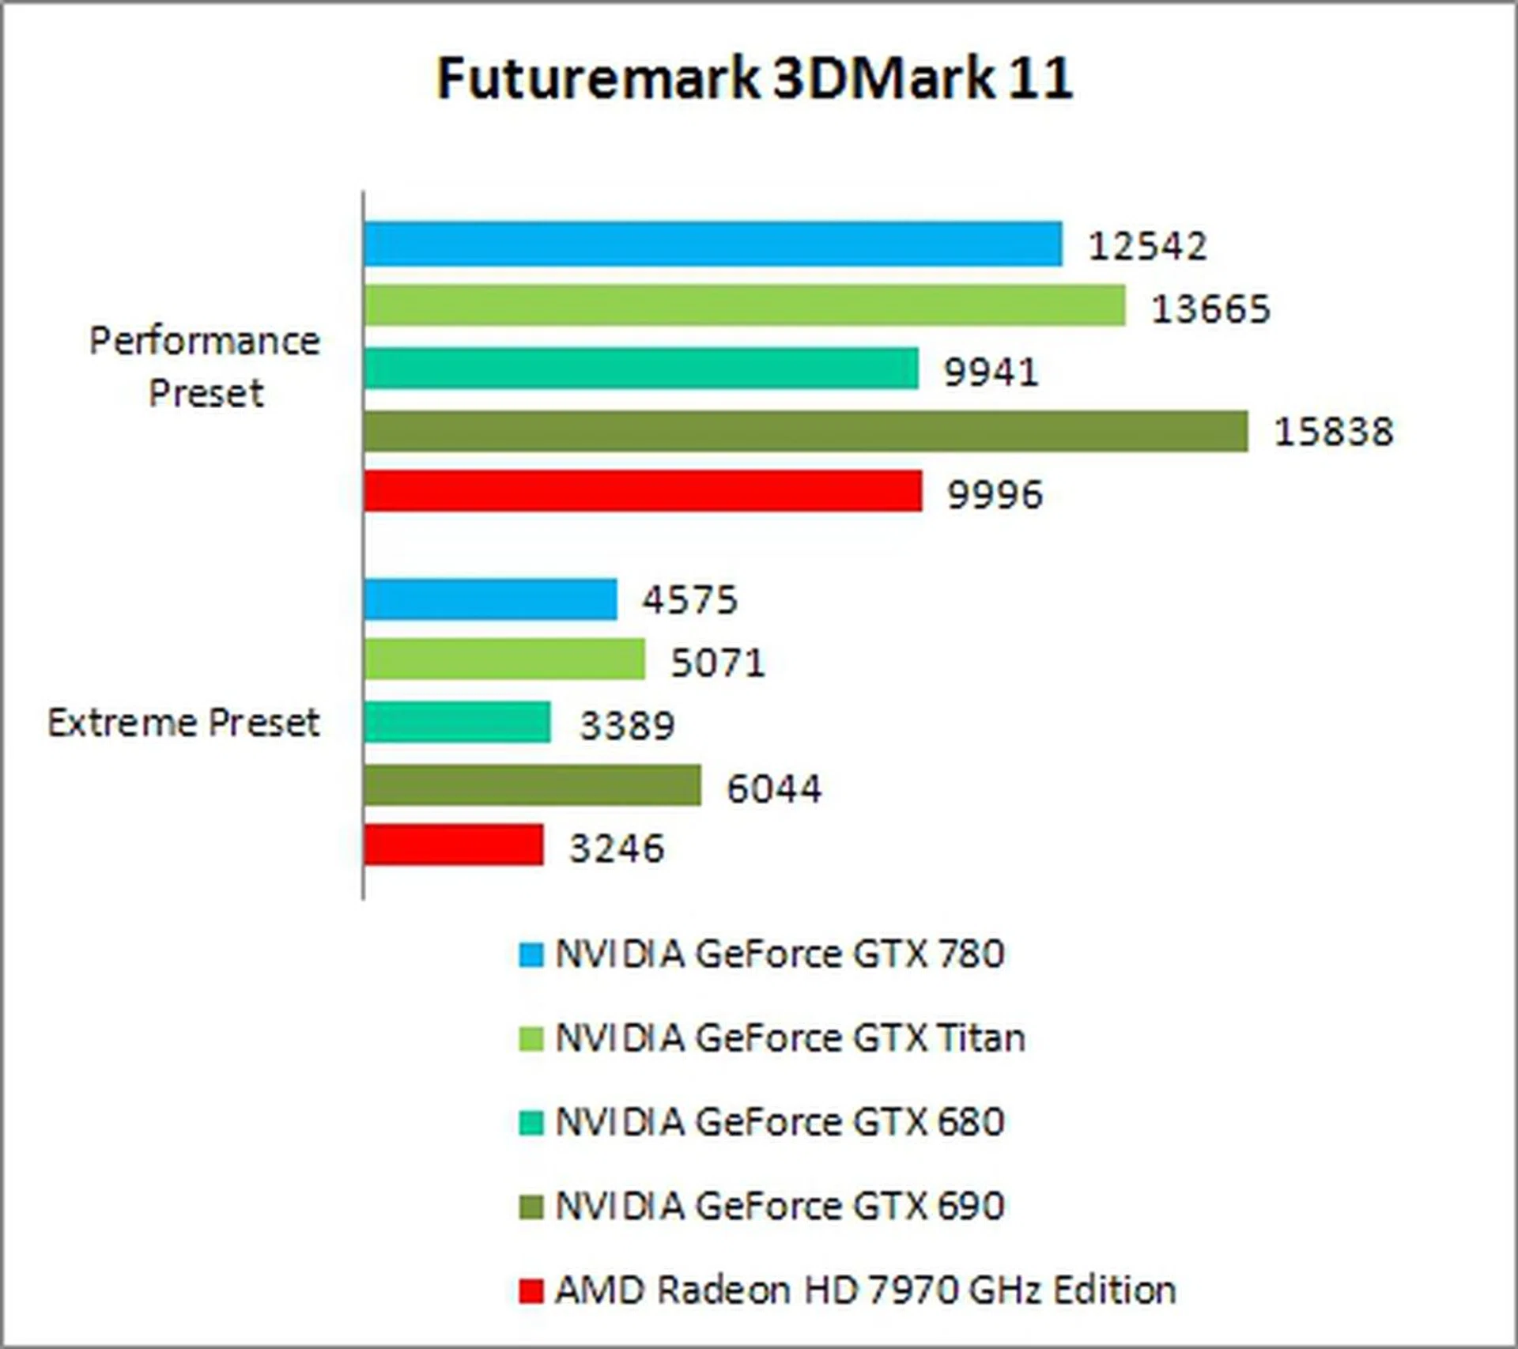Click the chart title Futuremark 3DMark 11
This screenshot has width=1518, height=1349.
(755, 78)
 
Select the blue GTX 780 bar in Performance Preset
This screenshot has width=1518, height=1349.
(712, 244)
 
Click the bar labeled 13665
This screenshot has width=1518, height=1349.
(744, 306)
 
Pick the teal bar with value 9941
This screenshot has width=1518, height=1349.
(641, 368)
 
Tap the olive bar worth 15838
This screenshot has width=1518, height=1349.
(806, 431)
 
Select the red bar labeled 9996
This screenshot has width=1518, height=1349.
(643, 491)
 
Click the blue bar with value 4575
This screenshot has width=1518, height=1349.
(490, 599)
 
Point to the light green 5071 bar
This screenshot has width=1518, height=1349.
(504, 659)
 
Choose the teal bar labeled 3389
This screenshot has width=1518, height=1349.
(457, 722)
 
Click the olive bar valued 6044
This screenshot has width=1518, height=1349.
(532, 785)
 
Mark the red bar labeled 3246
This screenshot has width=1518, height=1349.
(454, 845)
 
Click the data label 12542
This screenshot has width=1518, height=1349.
(1147, 246)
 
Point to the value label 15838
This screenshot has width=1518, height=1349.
(1333, 432)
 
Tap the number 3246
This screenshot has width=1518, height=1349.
(617, 848)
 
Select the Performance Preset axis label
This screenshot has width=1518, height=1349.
(205, 367)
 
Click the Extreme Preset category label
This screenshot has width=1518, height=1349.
(183, 723)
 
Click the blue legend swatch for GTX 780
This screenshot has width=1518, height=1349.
(531, 954)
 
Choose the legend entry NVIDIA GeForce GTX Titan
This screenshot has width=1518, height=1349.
(790, 1038)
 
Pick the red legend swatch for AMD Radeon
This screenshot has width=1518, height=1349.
(531, 1290)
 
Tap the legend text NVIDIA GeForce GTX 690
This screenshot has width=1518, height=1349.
(780, 1207)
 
